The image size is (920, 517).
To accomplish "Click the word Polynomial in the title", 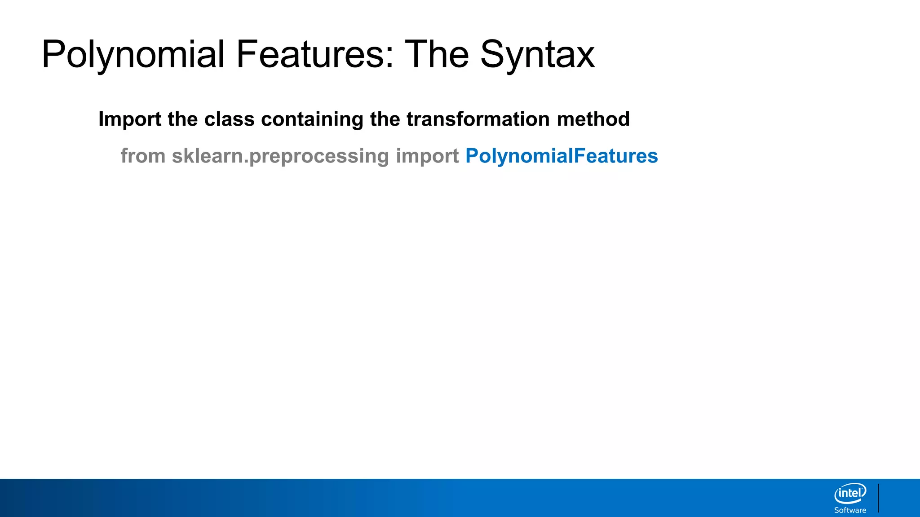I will (133, 55).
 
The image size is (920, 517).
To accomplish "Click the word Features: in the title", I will (314, 55).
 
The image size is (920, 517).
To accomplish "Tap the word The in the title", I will (437, 55).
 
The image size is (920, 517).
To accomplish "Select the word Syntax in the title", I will (537, 55).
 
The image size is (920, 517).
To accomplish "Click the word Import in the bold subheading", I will (130, 119).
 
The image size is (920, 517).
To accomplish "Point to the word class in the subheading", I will (229, 119).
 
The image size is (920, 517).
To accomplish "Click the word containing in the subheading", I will (312, 119).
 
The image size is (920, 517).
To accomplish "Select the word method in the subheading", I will (593, 119).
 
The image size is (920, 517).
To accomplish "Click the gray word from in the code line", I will (143, 156).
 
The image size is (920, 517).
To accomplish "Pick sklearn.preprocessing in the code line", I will (280, 156).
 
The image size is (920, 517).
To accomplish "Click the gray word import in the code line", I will (427, 156).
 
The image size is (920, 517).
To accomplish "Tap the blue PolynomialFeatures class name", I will (562, 156).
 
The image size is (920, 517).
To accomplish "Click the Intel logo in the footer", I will (850, 494).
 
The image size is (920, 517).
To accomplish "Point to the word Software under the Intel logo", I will (850, 510).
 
